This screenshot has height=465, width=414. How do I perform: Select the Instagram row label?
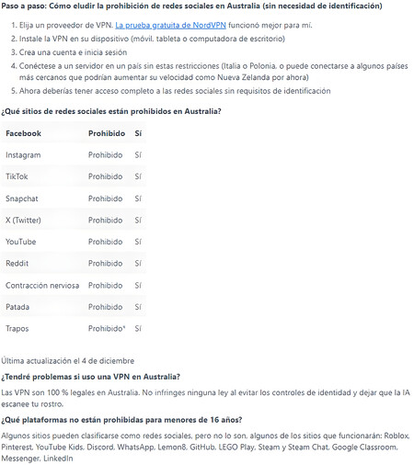point(23,154)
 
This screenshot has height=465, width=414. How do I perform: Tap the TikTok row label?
point(17,176)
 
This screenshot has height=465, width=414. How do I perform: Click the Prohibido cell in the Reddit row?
point(106,263)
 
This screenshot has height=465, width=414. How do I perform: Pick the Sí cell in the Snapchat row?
point(138,198)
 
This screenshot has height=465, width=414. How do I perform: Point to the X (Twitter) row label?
point(25,220)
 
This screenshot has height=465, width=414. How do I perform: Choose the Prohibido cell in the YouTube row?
point(106,241)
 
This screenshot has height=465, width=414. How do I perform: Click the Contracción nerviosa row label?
point(42,285)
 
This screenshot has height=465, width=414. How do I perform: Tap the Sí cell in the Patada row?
point(138,306)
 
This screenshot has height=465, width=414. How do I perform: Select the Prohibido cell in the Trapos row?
point(106,328)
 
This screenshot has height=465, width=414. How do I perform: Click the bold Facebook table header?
point(23,133)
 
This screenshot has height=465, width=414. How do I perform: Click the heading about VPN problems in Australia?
point(90,377)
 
